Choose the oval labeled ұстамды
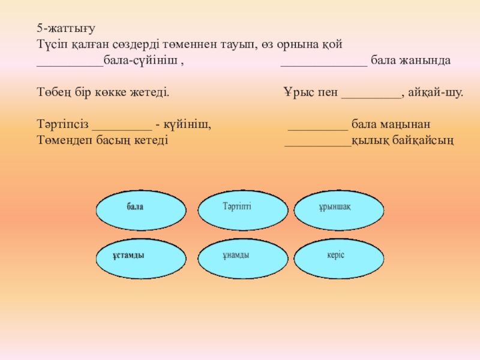click(x=142, y=257)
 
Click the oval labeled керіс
click(x=339, y=257)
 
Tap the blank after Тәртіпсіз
click(x=122, y=127)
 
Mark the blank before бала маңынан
click(x=318, y=127)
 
